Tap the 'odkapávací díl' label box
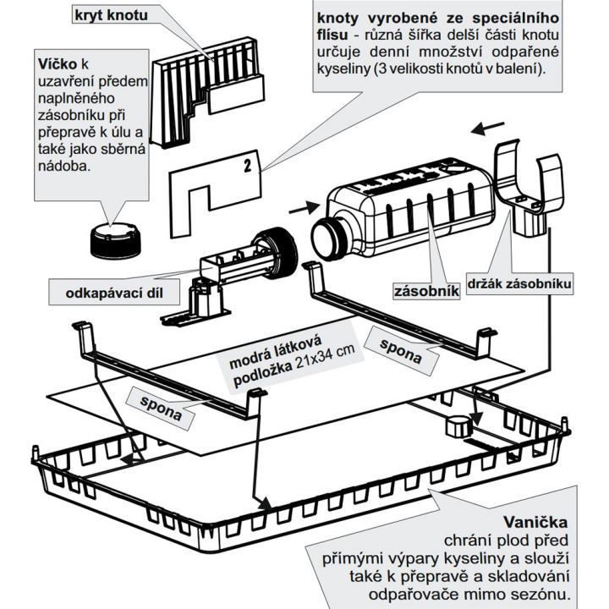click(x=114, y=294)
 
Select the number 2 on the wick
click(x=247, y=166)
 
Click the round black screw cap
click(x=112, y=238)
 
